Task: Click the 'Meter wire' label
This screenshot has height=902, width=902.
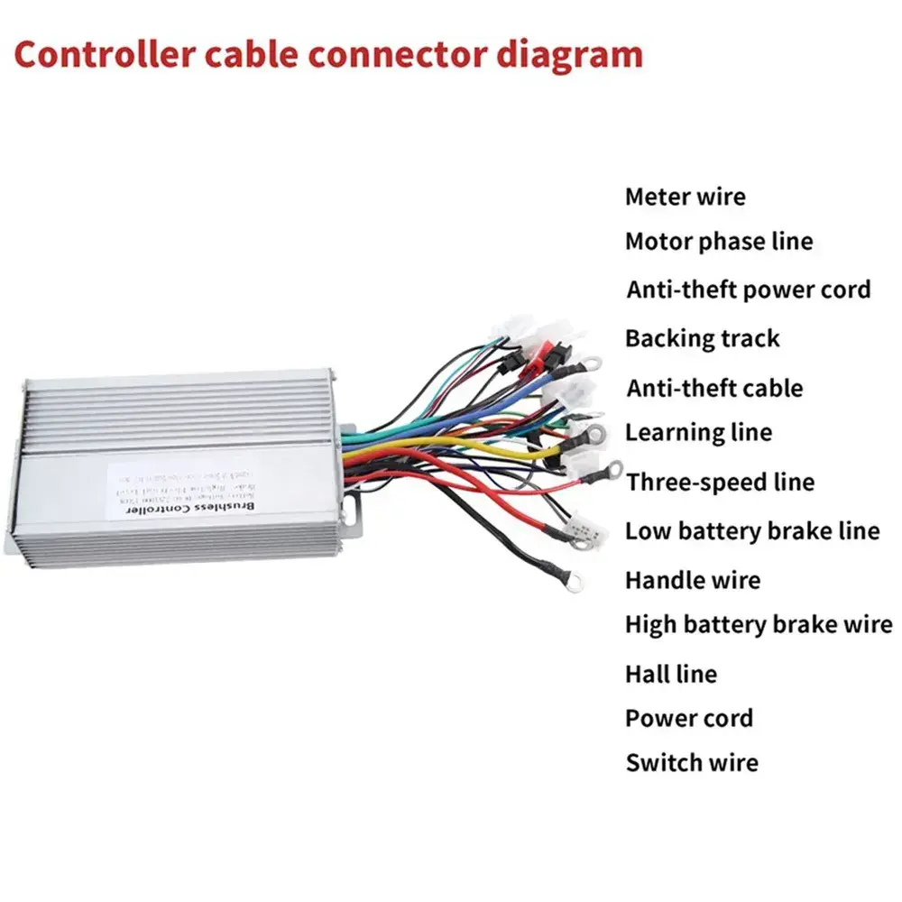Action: coord(686,196)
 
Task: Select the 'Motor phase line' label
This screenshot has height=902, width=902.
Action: coord(719,242)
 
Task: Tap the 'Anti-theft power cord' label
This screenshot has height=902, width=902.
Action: coord(749,290)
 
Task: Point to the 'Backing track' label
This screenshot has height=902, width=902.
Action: coord(702,338)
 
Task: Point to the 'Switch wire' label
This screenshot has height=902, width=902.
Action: coord(692,762)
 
